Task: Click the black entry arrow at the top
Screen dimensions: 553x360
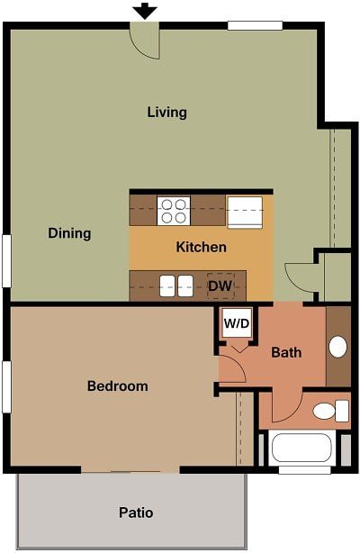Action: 144,12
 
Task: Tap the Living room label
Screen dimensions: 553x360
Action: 166,113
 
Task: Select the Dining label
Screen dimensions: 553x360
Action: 69,233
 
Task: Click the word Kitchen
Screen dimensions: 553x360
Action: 201,247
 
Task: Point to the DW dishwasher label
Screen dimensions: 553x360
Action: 220,286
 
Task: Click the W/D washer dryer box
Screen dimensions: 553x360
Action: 237,322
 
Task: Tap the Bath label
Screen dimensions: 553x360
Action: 286,352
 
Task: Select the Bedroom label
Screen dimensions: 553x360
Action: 117,386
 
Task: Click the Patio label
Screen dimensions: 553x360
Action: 136,512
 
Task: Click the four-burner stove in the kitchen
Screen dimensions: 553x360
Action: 173,211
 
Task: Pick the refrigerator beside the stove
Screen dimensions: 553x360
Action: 244,212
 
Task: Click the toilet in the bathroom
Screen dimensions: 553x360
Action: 329,412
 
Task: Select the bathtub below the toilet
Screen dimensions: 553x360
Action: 303,448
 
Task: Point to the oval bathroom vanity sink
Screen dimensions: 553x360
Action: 338,347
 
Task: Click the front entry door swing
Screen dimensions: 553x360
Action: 144,41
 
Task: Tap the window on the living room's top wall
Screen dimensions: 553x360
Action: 255,25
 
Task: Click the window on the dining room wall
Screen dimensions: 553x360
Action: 6,260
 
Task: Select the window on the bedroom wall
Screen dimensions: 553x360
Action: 6,386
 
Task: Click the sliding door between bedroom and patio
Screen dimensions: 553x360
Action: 130,470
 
